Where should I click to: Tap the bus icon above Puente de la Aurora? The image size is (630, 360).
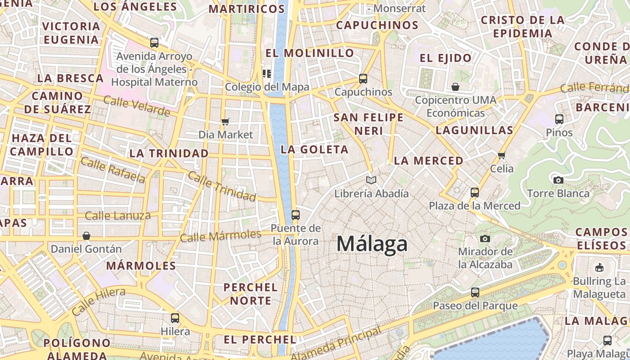click(296, 215)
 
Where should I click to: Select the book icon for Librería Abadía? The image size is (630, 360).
click(371, 180)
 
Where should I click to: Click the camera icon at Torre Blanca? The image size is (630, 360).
click(558, 180)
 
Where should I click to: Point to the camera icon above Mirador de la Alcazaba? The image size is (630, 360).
click(485, 238)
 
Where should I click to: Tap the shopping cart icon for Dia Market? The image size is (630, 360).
click(225, 121)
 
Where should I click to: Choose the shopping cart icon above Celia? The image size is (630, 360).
click(502, 156)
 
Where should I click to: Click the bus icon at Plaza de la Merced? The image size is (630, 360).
click(474, 193)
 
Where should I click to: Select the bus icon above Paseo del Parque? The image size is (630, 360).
click(475, 292)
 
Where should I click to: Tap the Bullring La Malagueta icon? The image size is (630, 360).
click(599, 268)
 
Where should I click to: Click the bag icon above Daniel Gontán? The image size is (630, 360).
click(86, 236)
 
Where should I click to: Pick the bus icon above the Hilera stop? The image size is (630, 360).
click(175, 318)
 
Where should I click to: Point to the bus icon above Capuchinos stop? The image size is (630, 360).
click(363, 79)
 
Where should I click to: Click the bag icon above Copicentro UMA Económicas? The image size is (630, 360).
click(455, 86)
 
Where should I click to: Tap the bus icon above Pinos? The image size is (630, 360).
click(559, 119)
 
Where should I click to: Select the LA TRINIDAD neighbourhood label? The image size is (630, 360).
click(169, 153)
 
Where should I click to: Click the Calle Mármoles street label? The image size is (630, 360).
click(220, 236)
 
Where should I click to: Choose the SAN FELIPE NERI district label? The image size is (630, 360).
click(369, 124)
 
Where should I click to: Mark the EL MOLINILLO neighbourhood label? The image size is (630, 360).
click(310, 53)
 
